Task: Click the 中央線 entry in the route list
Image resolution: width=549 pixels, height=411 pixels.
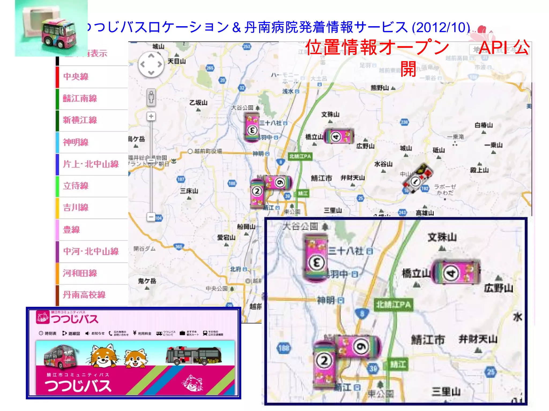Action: (x=76, y=77)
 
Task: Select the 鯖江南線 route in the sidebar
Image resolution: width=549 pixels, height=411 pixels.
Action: (x=80, y=98)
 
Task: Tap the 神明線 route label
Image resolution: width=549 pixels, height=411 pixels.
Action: (x=76, y=142)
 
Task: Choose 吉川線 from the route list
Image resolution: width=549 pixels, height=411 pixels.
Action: (x=76, y=207)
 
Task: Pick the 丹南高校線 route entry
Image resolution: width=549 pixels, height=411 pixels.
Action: (x=84, y=295)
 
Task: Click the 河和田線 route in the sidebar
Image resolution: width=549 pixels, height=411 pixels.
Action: (x=80, y=273)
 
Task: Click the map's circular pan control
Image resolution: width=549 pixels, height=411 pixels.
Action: (x=151, y=64)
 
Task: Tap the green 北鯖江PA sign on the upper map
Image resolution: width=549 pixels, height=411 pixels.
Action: (x=300, y=156)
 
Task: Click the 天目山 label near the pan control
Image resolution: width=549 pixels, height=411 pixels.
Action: (x=177, y=61)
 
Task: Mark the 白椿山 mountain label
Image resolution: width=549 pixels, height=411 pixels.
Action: (x=484, y=125)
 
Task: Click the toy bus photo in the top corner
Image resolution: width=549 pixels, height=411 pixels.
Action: (x=51, y=28)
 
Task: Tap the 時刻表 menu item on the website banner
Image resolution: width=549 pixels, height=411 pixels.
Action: (x=48, y=333)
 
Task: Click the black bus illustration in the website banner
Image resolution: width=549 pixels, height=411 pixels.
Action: (x=194, y=356)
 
